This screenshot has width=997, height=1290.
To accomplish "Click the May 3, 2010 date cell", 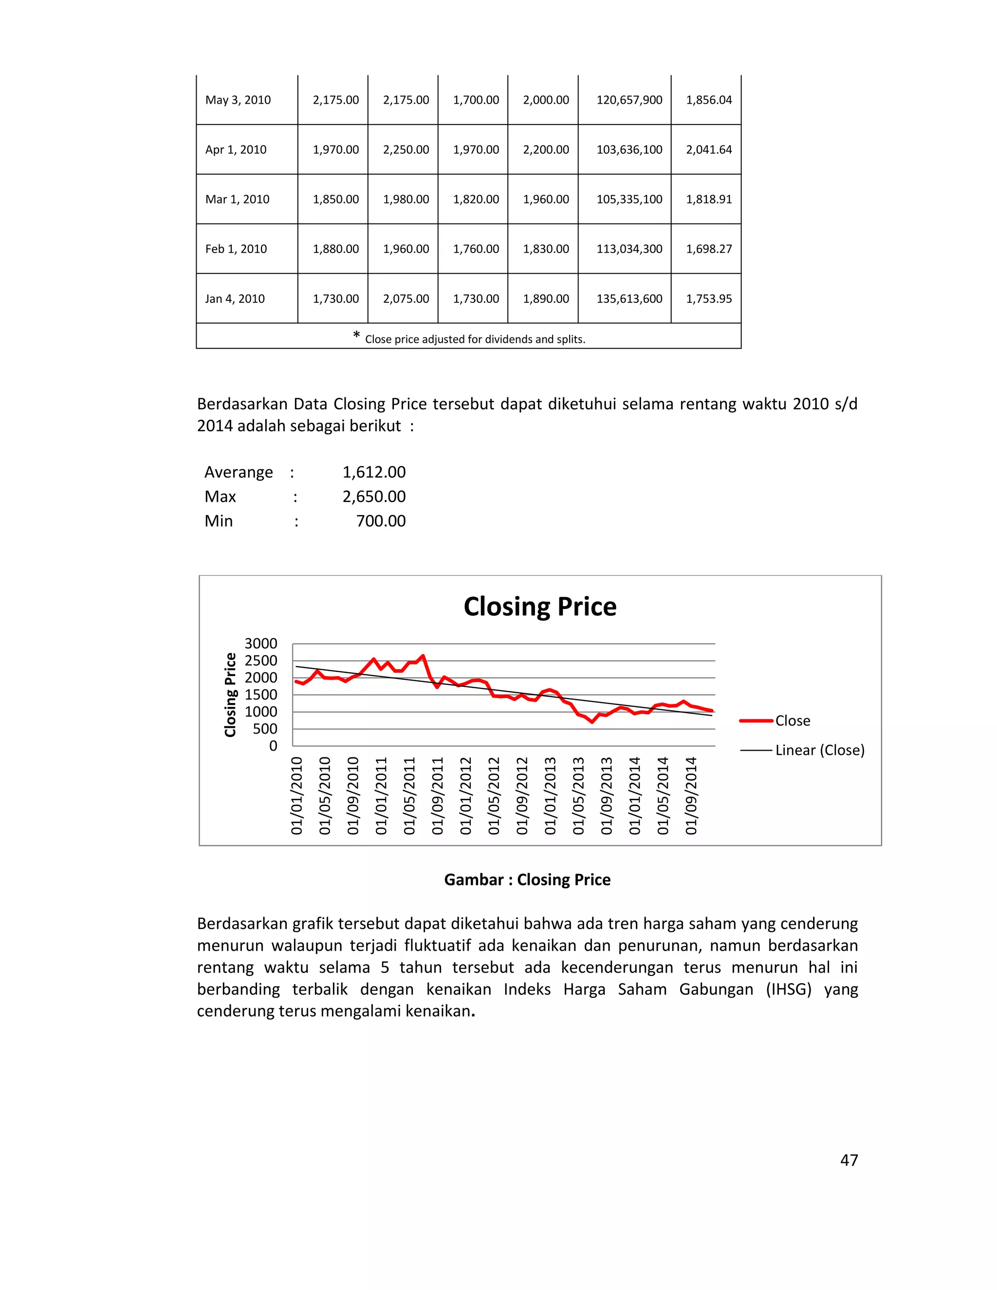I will (x=238, y=100).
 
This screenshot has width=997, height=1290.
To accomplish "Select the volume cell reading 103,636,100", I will (x=629, y=149).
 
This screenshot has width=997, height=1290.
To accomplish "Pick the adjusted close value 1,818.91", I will (x=708, y=199).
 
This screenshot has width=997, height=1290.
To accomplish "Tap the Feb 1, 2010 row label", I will (x=236, y=249).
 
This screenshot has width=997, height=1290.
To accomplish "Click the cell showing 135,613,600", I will (x=629, y=298).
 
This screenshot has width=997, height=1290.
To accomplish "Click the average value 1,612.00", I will (x=374, y=472).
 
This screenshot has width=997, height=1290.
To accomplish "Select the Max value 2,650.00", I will (x=374, y=496).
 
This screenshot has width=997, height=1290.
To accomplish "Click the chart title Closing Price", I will (x=540, y=607).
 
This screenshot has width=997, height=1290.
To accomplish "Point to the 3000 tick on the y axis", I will (x=260, y=643).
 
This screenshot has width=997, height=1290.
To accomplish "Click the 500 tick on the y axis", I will (x=265, y=728).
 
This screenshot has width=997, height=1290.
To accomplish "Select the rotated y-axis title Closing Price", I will (x=230, y=695).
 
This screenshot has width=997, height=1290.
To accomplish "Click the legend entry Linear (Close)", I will (x=819, y=750).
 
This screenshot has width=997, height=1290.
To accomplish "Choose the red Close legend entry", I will (x=792, y=720).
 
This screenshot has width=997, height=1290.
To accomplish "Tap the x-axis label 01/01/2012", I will (x=465, y=795).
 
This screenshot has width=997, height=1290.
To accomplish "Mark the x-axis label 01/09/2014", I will (x=690, y=795).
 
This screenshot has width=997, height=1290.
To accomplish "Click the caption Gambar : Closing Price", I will (x=527, y=880).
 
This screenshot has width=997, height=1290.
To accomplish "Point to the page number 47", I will (x=849, y=1160).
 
